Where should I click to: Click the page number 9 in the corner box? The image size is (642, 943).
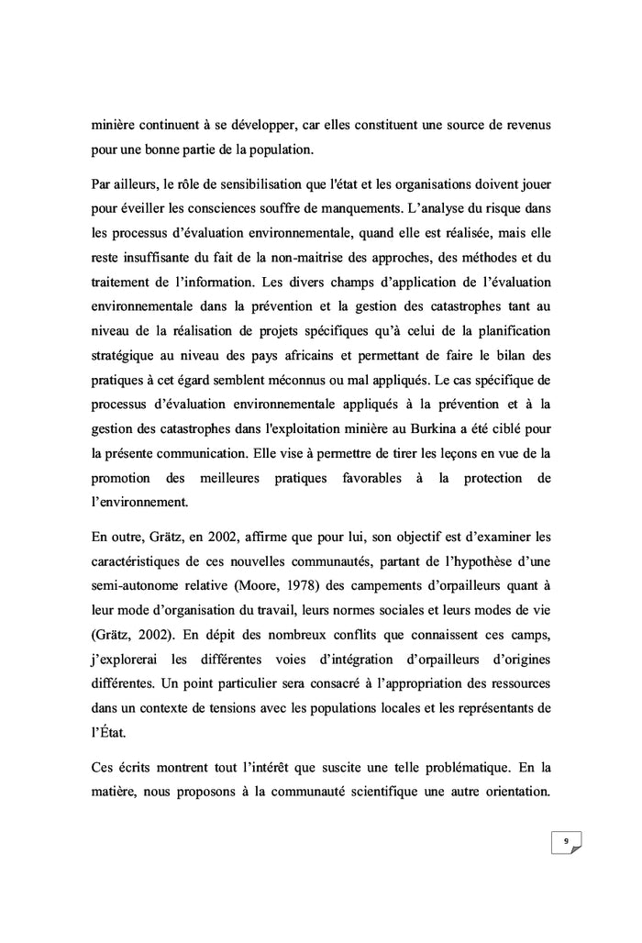click(566, 840)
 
